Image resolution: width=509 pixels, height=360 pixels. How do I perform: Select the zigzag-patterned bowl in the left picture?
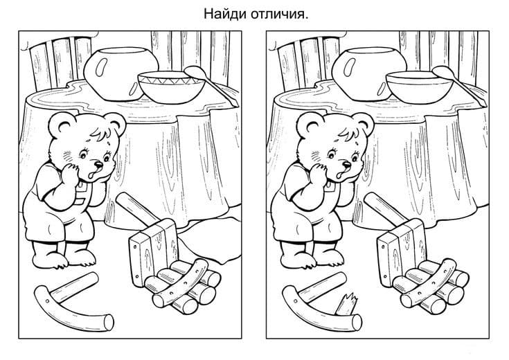click(171, 87)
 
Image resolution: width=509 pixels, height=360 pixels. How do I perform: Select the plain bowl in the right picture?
click(419, 87)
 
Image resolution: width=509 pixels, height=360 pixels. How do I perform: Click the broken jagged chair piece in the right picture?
click(347, 304)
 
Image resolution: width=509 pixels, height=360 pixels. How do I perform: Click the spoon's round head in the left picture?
click(194, 71)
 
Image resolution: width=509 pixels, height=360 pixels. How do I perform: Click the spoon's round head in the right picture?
click(442, 71)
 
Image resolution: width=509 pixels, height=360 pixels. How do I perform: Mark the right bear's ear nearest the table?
click(364, 124)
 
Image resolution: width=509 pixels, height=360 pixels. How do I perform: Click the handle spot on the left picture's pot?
click(99, 69)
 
